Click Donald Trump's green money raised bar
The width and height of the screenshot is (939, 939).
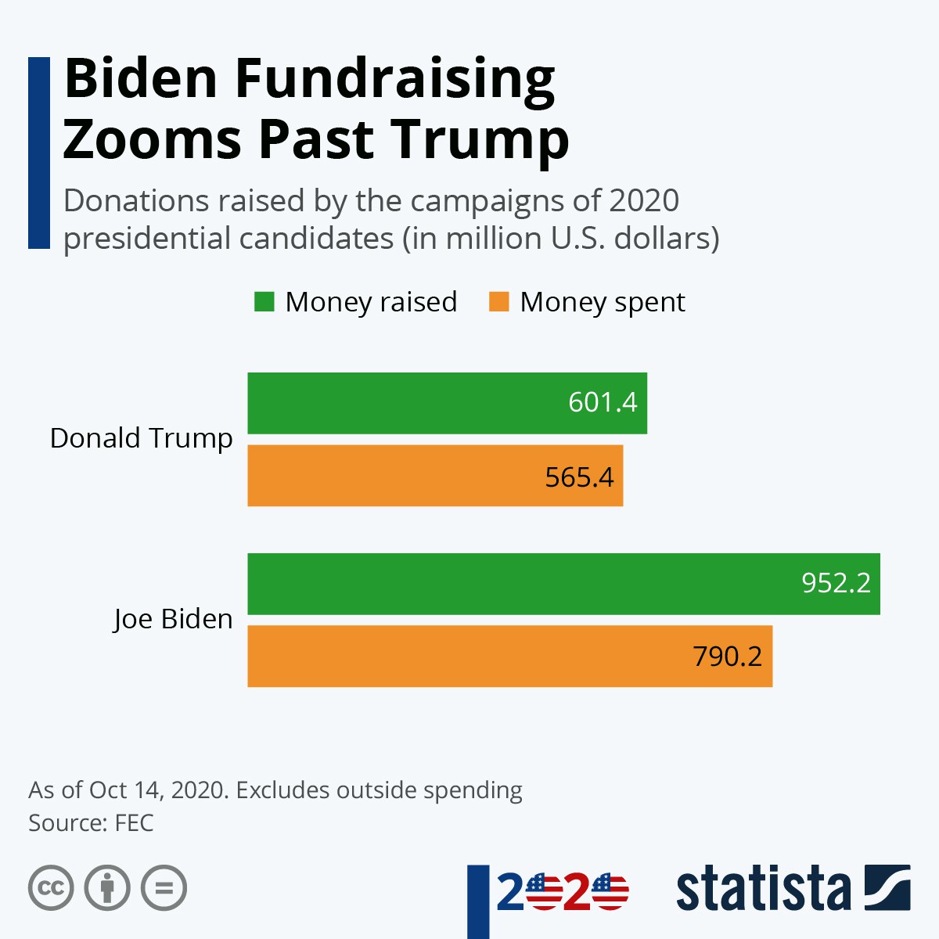click(407, 403)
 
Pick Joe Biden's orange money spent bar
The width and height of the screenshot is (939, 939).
click(469, 657)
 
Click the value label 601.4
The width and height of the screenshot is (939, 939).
click(603, 402)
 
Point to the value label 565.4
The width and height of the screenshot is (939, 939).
click(580, 477)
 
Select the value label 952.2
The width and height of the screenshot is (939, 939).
click(836, 583)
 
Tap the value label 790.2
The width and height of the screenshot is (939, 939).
click(727, 657)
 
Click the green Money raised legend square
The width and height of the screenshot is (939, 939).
click(264, 302)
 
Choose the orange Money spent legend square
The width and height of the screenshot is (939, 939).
click(498, 302)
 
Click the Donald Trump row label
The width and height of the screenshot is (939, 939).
click(141, 438)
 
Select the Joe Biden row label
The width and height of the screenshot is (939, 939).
click(173, 619)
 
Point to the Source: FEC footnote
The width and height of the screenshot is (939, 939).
click(91, 823)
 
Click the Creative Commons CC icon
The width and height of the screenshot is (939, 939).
click(51, 888)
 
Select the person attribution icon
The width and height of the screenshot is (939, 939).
click(107, 888)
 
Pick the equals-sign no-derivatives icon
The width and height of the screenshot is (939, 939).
click(164, 888)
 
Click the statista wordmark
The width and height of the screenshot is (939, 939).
click(763, 889)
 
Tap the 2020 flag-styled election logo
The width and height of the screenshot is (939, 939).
click(562, 892)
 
